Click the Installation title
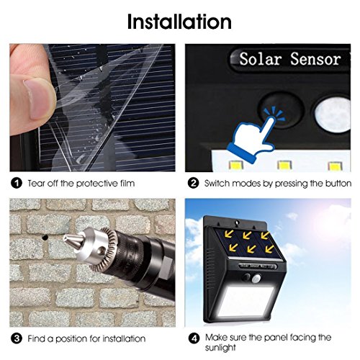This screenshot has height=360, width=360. tap(179, 22)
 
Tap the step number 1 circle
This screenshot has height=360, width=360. tap(17, 184)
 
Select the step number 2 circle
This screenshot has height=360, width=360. tap(193, 184)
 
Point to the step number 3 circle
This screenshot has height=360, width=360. tap(17, 338)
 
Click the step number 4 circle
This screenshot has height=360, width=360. tap(194, 338)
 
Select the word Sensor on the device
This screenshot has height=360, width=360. tap(315, 59)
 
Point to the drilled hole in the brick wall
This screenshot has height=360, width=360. tap(45, 238)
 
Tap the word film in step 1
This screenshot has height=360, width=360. tap(127, 184)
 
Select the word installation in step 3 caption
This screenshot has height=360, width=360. tap(124, 338)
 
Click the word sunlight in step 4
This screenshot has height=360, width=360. tap(220, 348)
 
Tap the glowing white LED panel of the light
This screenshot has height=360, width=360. tap(245, 301)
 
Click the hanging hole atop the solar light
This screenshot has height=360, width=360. tap(237, 223)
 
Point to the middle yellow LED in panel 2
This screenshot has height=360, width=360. tap(284, 166)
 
